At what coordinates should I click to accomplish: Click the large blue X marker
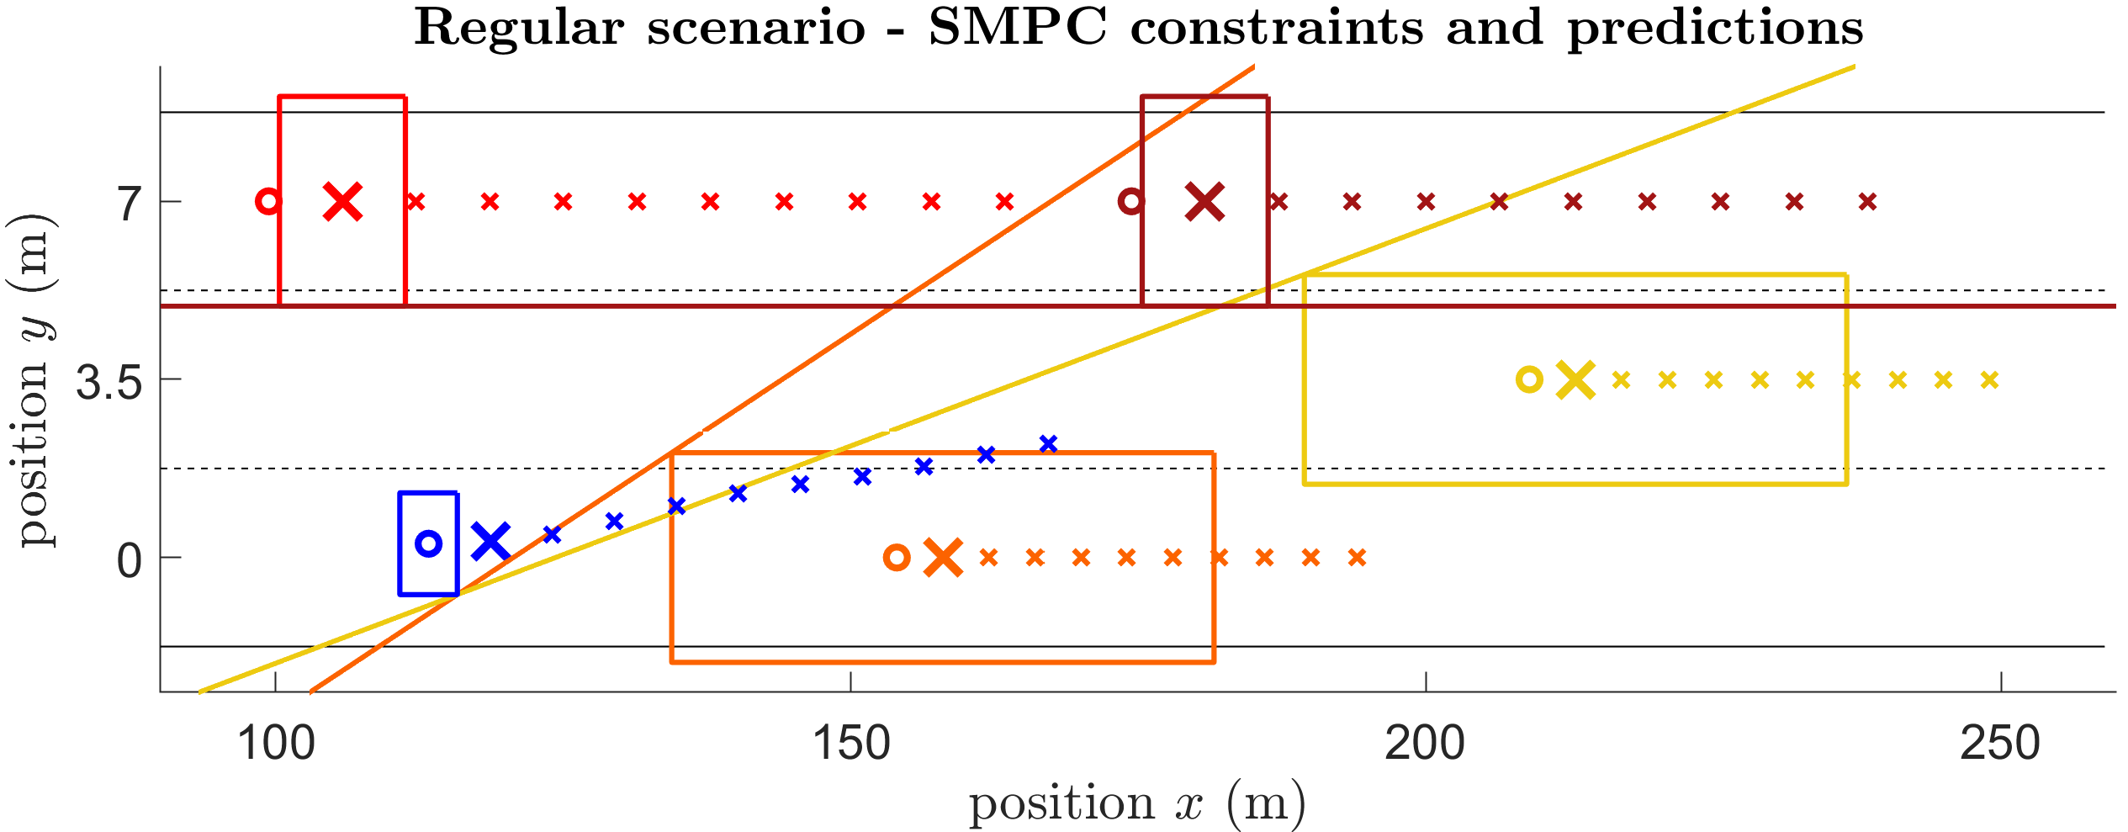pyautogui.click(x=491, y=542)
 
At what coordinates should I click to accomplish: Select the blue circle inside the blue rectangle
pyautogui.click(x=429, y=543)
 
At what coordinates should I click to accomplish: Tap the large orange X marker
pyautogui.click(x=943, y=557)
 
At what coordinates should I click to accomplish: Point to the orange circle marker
pyautogui.click(x=897, y=557)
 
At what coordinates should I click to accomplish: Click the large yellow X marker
pyautogui.click(x=1575, y=379)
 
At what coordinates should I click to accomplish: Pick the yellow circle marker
pyautogui.click(x=1529, y=379)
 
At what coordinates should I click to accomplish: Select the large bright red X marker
pyautogui.click(x=343, y=202)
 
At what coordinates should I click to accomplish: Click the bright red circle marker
pyautogui.click(x=268, y=202)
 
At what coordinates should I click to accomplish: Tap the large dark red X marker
pyautogui.click(x=1205, y=202)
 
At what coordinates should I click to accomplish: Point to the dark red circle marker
pyautogui.click(x=1131, y=202)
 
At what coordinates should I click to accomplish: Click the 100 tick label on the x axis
pyautogui.click(x=276, y=744)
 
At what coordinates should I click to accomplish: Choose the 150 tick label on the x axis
pyautogui.click(x=851, y=744)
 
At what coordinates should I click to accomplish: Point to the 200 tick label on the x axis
pyautogui.click(x=1426, y=744)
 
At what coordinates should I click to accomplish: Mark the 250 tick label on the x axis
pyautogui.click(x=2000, y=744)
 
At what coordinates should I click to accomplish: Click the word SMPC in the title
pyautogui.click(x=1017, y=28)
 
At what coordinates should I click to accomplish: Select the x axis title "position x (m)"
pyautogui.click(x=1138, y=803)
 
